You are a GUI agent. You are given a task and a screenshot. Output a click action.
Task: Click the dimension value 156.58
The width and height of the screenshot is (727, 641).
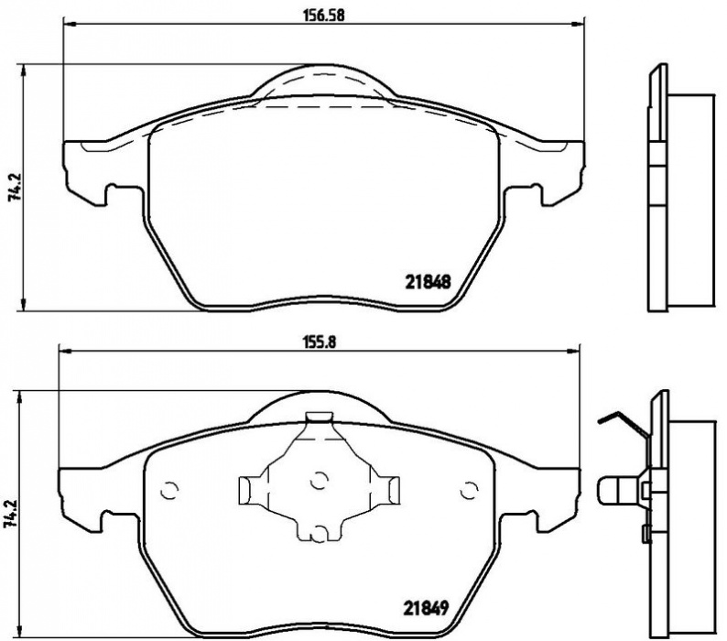324,16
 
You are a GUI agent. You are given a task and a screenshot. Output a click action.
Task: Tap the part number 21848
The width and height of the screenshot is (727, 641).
428,281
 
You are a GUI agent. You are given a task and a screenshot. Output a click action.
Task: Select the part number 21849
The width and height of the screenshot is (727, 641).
425,608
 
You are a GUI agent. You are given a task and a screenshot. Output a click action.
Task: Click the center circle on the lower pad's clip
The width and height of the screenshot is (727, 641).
318,481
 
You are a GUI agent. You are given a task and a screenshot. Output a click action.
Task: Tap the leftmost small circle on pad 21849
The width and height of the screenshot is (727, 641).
169,490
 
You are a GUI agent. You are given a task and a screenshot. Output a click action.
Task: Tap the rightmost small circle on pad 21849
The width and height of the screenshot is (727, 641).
469,490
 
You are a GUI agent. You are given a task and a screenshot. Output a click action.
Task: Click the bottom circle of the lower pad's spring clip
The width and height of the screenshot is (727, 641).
318,533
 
